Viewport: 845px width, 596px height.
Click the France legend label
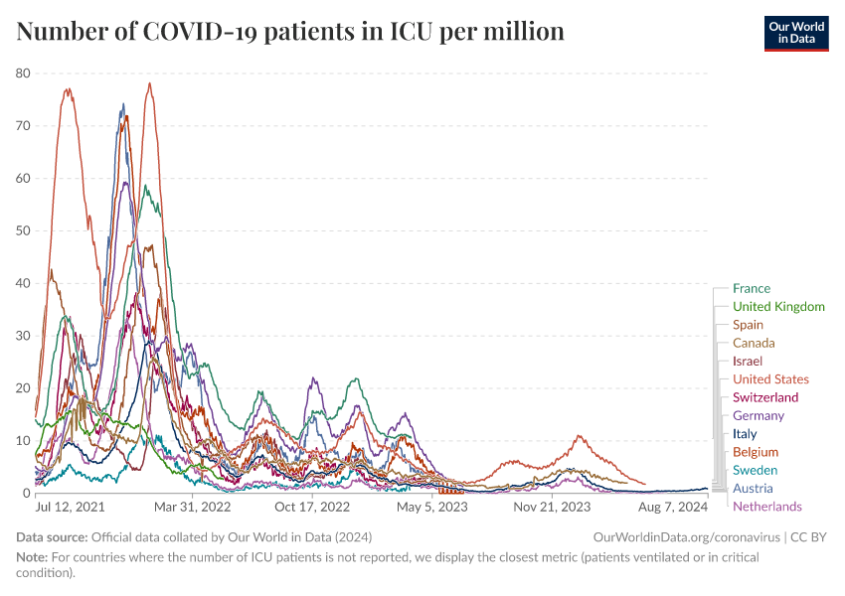751,289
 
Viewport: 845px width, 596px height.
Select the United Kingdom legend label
777,307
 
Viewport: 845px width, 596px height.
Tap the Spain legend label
748,325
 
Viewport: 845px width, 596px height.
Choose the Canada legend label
754,343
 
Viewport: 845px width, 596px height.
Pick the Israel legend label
747,362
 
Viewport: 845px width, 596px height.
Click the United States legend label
770,379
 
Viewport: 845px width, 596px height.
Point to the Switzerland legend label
764,397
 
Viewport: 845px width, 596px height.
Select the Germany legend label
758,415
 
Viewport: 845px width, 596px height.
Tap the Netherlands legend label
766,507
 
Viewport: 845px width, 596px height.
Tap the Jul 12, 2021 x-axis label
71,507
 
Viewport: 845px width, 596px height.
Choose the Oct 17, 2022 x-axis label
312,507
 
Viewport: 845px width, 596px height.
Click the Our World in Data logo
795,32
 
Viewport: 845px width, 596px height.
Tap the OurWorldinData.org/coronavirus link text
687,537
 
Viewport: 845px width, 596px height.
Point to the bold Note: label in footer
34,558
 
